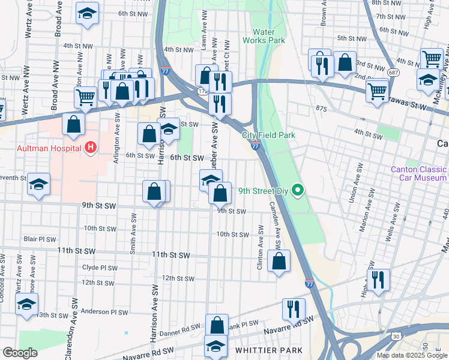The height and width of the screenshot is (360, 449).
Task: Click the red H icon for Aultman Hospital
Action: pyautogui.click(x=90, y=146)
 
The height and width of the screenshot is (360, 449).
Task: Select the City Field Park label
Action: pyautogui.click(x=269, y=136)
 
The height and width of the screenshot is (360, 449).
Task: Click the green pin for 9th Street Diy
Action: pyautogui.click(x=296, y=191)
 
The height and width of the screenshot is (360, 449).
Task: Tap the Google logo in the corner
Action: pyautogui.click(x=20, y=353)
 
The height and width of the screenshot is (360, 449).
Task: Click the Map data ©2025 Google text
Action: pyautogui.click(x=412, y=355)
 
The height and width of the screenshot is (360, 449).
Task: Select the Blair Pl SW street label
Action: pyautogui.click(x=40, y=239)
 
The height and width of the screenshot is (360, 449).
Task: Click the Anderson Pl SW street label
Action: pyautogui.click(x=104, y=312)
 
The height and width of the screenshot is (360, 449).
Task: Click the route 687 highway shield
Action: pyautogui.click(x=393, y=72)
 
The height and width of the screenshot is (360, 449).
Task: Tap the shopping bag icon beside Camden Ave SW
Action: pyautogui.click(x=279, y=261)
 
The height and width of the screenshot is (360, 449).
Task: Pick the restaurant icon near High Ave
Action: pyautogui.click(x=378, y=280)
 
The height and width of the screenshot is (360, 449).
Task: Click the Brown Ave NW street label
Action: pyautogui.click(x=324, y=13)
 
